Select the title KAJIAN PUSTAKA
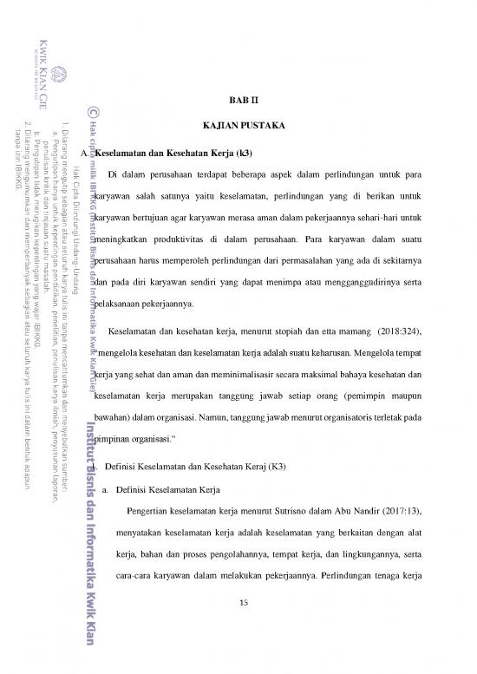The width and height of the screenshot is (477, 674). [x=238, y=126]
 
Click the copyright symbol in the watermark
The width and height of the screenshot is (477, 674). [x=94, y=110]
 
